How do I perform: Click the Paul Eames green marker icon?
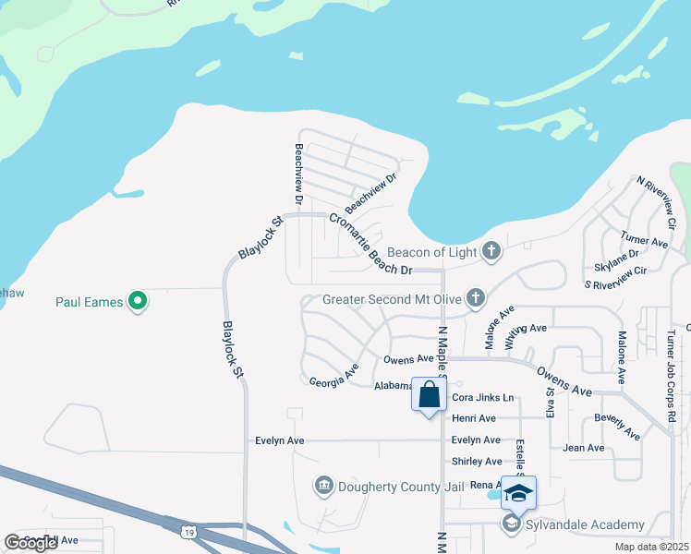pyautogui.click(x=138, y=300)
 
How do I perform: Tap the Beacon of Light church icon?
pyautogui.click(x=491, y=251)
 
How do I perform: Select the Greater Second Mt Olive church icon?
pyautogui.click(x=475, y=297)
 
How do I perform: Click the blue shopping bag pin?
pyautogui.click(x=430, y=395)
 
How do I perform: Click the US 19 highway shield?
pyautogui.click(x=189, y=532)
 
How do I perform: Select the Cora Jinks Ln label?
pyautogui.click(x=482, y=398)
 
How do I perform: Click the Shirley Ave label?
pyautogui.click(x=477, y=462)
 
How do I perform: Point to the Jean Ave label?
pyautogui.click(x=583, y=448)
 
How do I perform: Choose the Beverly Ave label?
pyautogui.click(x=617, y=426)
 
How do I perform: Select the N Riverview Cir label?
pyautogui.click(x=656, y=202)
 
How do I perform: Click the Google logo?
pyautogui.click(x=30, y=543)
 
